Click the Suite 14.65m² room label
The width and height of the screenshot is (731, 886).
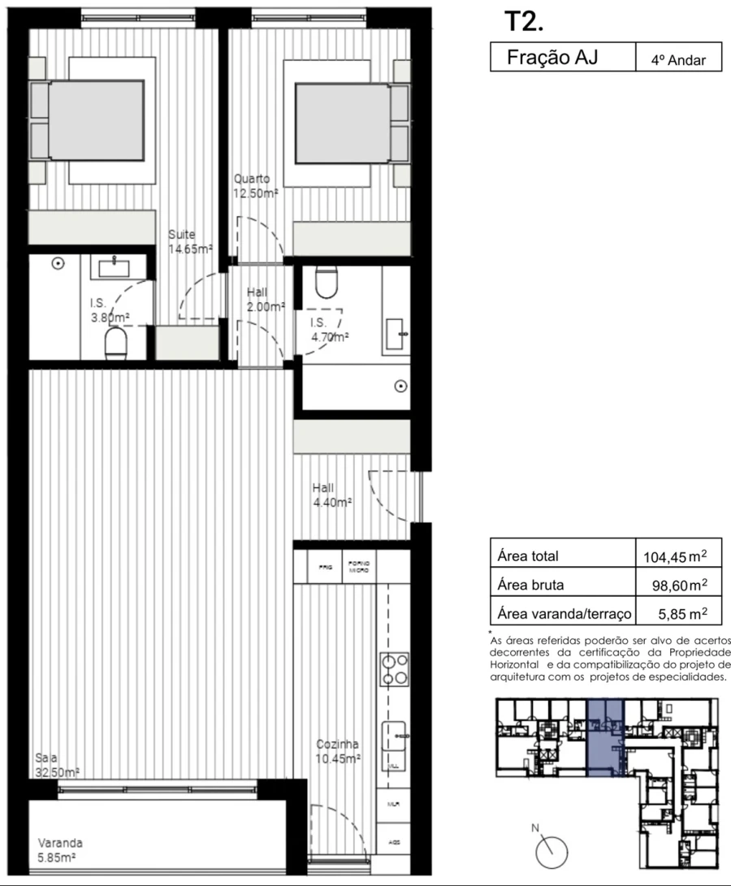190,242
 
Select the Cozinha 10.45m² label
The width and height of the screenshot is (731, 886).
339,751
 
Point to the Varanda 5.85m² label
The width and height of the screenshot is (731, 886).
60,849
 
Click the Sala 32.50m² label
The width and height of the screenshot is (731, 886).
57,764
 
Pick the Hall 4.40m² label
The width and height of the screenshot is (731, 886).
331,495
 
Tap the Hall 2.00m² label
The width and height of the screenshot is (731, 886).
266,300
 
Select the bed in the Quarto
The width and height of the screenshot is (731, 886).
341,123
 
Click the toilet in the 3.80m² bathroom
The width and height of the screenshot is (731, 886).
117,343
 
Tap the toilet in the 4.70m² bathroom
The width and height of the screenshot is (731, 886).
327,282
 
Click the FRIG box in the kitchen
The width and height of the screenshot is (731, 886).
323,568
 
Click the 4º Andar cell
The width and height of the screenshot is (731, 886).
678,59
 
